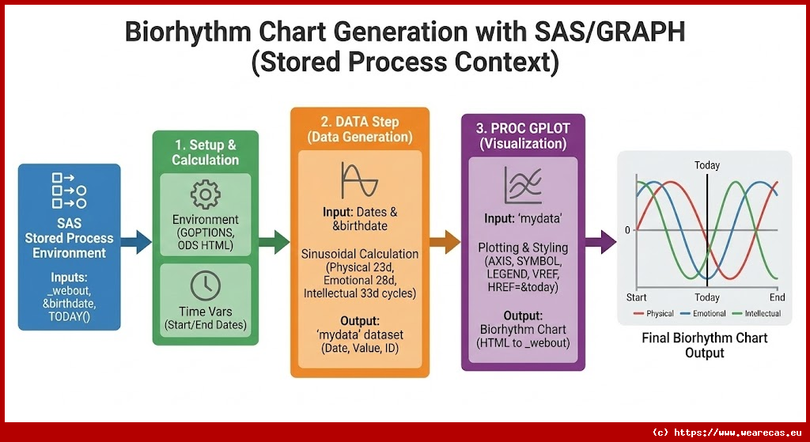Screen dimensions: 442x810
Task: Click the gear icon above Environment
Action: (x=205, y=194)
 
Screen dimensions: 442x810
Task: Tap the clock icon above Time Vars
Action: (x=205, y=286)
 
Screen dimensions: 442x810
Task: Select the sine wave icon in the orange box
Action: (x=358, y=180)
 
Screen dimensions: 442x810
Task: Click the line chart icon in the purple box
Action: (x=523, y=187)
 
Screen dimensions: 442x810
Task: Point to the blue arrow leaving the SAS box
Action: (x=137, y=242)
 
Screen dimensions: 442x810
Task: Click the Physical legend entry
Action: (x=653, y=314)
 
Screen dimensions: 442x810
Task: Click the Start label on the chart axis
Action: (x=637, y=298)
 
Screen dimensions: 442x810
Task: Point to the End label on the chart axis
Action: (x=777, y=298)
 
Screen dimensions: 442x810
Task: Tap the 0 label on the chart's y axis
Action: (x=628, y=230)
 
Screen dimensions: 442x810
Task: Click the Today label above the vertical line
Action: (x=707, y=165)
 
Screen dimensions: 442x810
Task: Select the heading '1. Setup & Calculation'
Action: (x=205, y=152)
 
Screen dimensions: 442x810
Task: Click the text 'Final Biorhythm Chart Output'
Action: (x=704, y=346)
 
